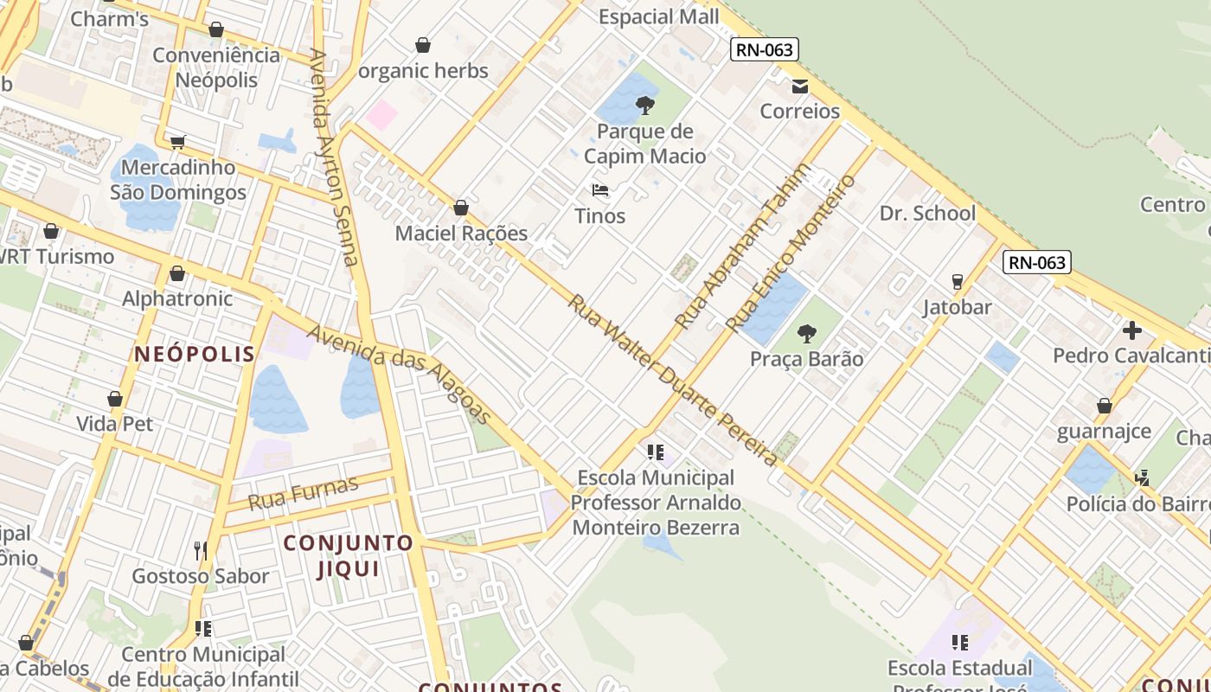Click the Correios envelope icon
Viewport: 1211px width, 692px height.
pyautogui.click(x=799, y=86)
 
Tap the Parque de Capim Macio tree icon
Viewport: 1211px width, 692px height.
pyautogui.click(x=644, y=106)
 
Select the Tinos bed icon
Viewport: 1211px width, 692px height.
pyautogui.click(x=600, y=190)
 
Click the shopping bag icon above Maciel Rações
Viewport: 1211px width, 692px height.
pyautogui.click(x=461, y=208)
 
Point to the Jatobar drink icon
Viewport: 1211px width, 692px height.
pyautogui.click(x=957, y=282)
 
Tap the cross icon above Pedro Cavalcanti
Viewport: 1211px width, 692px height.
pyautogui.click(x=1131, y=330)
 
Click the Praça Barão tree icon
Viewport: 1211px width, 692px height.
pyautogui.click(x=806, y=333)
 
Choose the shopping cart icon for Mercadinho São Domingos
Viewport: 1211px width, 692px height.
pyautogui.click(x=177, y=142)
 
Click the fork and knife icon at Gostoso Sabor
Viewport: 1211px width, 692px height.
pyautogui.click(x=201, y=550)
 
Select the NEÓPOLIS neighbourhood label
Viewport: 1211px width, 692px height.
pyautogui.click(x=195, y=354)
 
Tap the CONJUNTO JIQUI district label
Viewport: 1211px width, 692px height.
pyautogui.click(x=349, y=555)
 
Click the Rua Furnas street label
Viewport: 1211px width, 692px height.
pyautogui.click(x=303, y=493)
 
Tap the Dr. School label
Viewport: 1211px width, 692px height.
pyautogui.click(x=927, y=214)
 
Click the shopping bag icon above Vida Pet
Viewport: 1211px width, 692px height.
pyautogui.click(x=115, y=399)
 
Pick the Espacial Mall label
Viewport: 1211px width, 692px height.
pyautogui.click(x=658, y=17)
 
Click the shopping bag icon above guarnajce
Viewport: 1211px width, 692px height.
pyautogui.click(x=1104, y=406)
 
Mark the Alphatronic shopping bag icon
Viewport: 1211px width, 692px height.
pyautogui.click(x=177, y=273)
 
